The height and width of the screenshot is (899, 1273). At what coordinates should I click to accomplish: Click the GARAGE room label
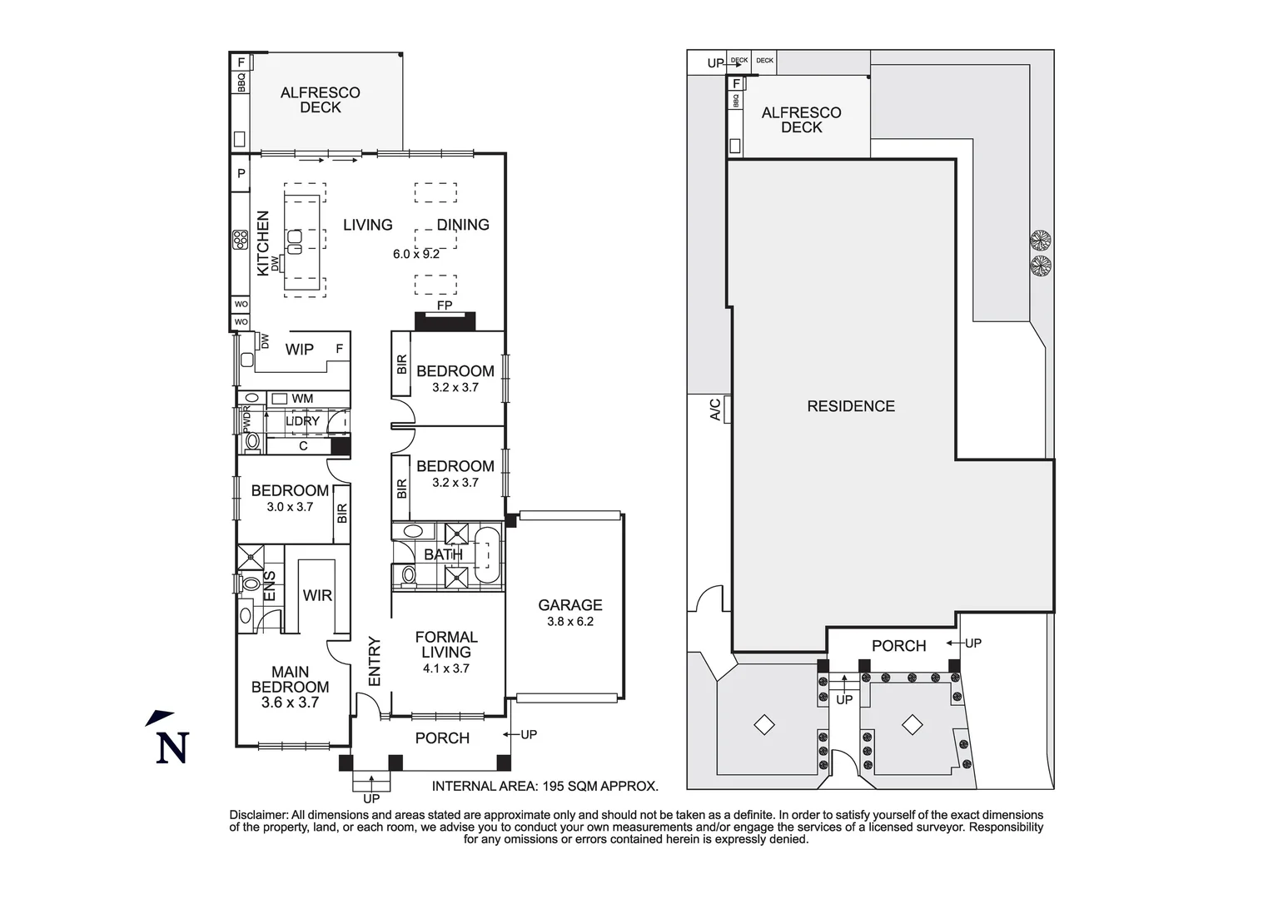point(569,605)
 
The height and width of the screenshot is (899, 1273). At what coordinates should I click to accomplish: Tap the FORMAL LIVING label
point(446,644)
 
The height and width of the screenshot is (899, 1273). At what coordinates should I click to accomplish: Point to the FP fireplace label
point(445,305)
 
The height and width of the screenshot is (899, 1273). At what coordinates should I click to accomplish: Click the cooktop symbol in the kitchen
point(241,240)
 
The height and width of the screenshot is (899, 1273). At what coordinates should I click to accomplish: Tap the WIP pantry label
point(299,350)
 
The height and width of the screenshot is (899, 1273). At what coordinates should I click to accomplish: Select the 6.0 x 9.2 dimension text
point(416,254)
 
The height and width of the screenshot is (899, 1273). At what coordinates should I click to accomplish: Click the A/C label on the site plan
point(714,409)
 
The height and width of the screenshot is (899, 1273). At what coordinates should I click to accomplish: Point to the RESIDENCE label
point(851,406)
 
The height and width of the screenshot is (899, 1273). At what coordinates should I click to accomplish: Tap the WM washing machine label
point(302,399)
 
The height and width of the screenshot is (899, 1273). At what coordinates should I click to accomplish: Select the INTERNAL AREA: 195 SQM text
point(545,786)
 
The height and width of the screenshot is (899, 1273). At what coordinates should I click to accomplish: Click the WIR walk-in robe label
point(317,595)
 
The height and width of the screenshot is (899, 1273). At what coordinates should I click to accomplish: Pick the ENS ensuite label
point(270,587)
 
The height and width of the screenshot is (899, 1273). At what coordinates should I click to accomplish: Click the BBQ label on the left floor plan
point(241,82)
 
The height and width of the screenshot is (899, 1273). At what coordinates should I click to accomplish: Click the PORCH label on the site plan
point(898,646)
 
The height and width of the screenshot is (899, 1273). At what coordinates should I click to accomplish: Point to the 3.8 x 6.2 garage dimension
point(569,621)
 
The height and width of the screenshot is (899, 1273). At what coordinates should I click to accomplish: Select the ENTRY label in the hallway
point(374,662)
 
